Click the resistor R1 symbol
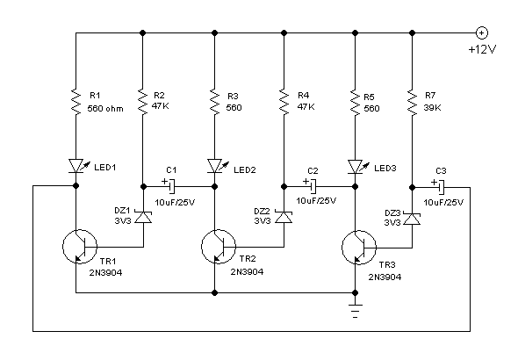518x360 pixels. point(76,104)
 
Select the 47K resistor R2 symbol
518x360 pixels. point(142,104)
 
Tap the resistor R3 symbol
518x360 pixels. point(215,104)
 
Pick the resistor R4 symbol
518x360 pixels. point(284,104)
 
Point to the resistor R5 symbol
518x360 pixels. point(354,104)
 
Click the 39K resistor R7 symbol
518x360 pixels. point(412,104)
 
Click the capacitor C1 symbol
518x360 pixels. point(172,186)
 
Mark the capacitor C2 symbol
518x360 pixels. point(312,186)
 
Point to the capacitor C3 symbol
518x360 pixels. point(441,186)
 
